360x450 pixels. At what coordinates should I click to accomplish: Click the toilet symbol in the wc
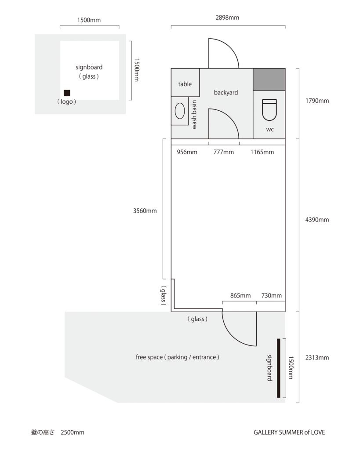(269, 109)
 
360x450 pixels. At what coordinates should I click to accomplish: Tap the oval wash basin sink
(180, 111)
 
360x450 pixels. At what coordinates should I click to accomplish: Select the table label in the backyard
(185, 84)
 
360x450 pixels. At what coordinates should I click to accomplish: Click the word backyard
(226, 92)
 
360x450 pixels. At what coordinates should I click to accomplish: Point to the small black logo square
(67, 93)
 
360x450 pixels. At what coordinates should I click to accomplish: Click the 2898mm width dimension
(227, 18)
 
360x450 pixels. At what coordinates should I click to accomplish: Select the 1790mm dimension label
(317, 101)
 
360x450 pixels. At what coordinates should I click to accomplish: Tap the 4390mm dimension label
(317, 220)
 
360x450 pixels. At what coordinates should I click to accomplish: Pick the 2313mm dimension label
(317, 358)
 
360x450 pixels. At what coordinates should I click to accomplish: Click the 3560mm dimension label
(145, 211)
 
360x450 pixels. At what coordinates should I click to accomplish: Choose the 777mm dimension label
(224, 152)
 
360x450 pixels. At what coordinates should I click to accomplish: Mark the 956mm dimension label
(187, 152)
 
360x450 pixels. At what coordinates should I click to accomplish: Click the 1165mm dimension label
(262, 152)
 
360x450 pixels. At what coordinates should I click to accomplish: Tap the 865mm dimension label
(240, 296)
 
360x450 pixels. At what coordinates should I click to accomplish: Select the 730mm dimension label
(272, 296)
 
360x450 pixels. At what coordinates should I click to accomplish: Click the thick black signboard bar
(279, 368)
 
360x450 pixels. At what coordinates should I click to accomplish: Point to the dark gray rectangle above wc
(269, 80)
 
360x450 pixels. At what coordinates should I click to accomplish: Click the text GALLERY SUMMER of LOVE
(289, 432)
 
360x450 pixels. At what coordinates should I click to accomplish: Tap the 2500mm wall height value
(73, 432)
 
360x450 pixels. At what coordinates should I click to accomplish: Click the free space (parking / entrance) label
(178, 357)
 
